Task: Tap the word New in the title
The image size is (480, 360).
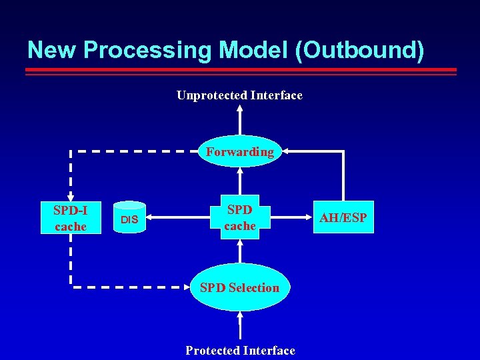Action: [x=51, y=51]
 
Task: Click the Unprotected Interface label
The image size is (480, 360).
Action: [x=239, y=95]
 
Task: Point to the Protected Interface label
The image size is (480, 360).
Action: [x=240, y=351]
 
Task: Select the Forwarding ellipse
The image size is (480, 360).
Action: [x=239, y=152]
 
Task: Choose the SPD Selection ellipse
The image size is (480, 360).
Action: [x=239, y=287]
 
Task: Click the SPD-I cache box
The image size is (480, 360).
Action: [x=71, y=217]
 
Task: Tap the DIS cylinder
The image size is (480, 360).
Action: [x=129, y=218]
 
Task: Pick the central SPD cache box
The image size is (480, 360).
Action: [x=239, y=217]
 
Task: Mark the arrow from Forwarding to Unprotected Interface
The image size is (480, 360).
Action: [x=240, y=121]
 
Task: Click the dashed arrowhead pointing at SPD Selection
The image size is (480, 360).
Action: [x=186, y=288]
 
